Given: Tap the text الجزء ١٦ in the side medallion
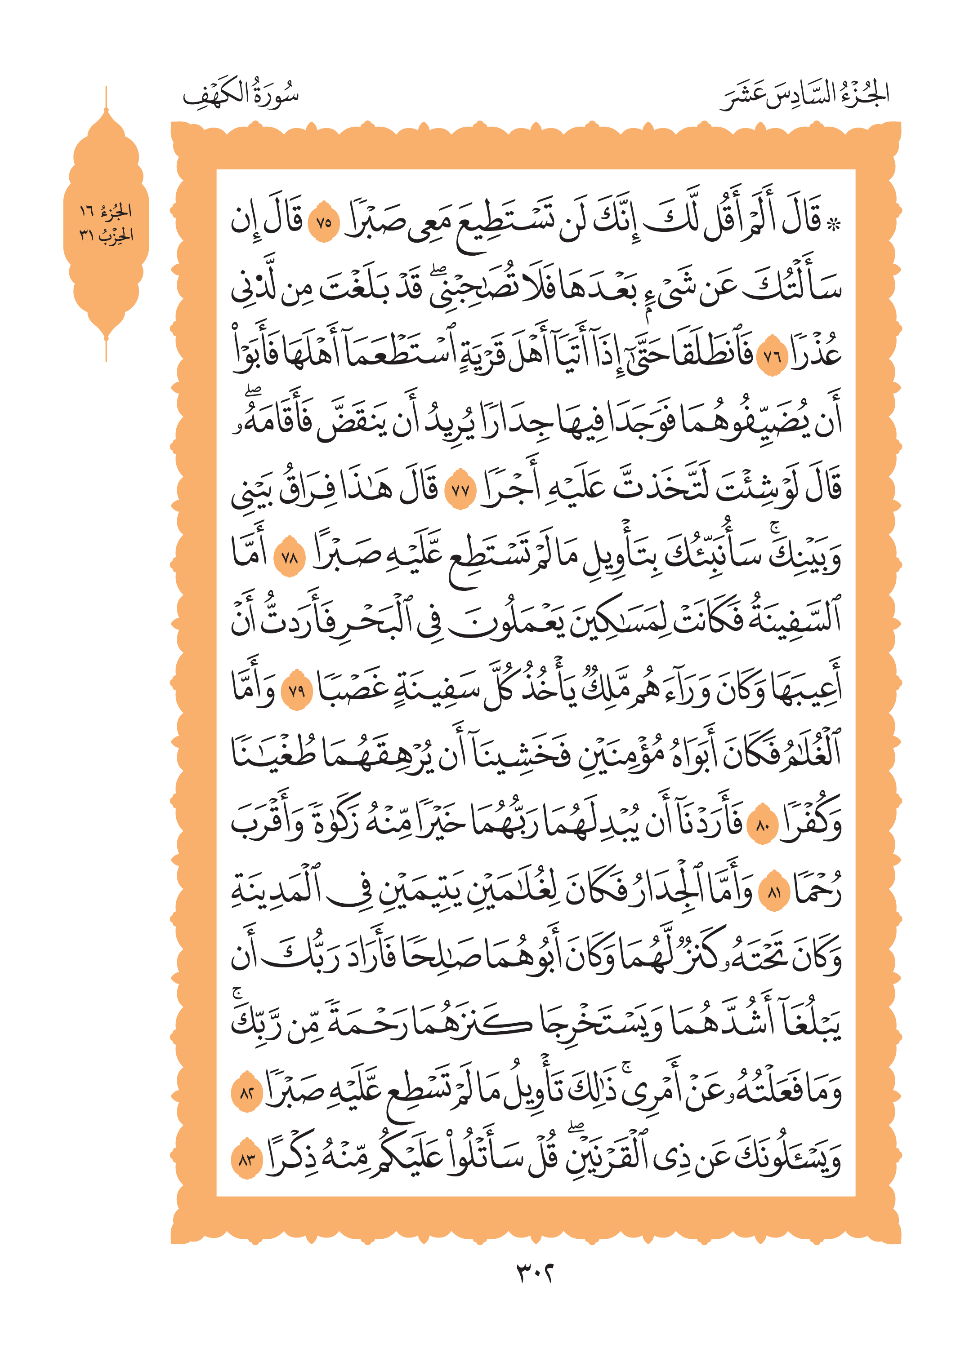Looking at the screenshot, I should pyautogui.click(x=106, y=211).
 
